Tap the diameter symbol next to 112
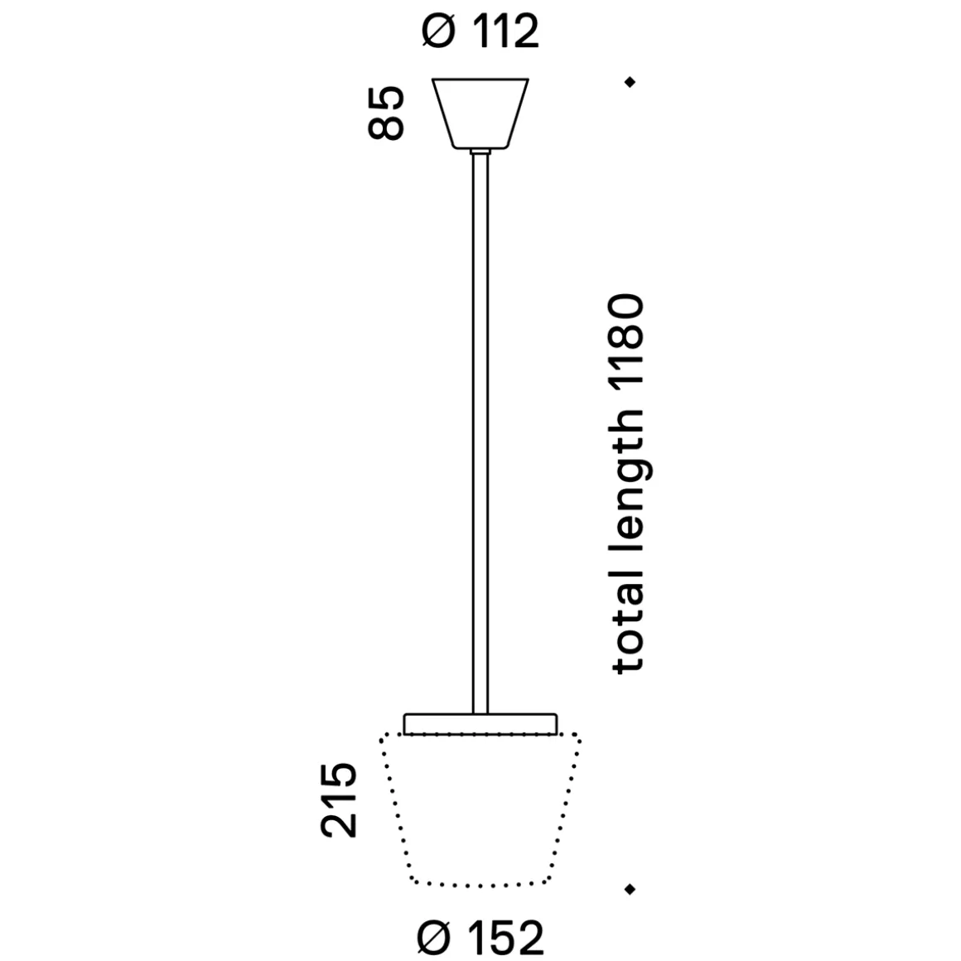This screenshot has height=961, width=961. tap(439, 32)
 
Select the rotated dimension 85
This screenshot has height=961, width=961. tap(387, 113)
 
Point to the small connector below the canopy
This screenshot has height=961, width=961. tap(480, 152)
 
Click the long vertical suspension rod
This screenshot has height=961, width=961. tap(480, 431)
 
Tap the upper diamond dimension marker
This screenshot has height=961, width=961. tap(630, 82)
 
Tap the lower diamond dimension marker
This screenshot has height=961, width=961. tap(630, 889)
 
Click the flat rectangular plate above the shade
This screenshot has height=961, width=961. tap(480, 723)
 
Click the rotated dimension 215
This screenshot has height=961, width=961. tap(339, 800)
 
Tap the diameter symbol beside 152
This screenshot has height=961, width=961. tap(436, 939)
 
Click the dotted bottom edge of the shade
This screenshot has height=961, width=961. tap(480, 882)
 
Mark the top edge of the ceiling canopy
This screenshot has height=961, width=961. tap(480, 80)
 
